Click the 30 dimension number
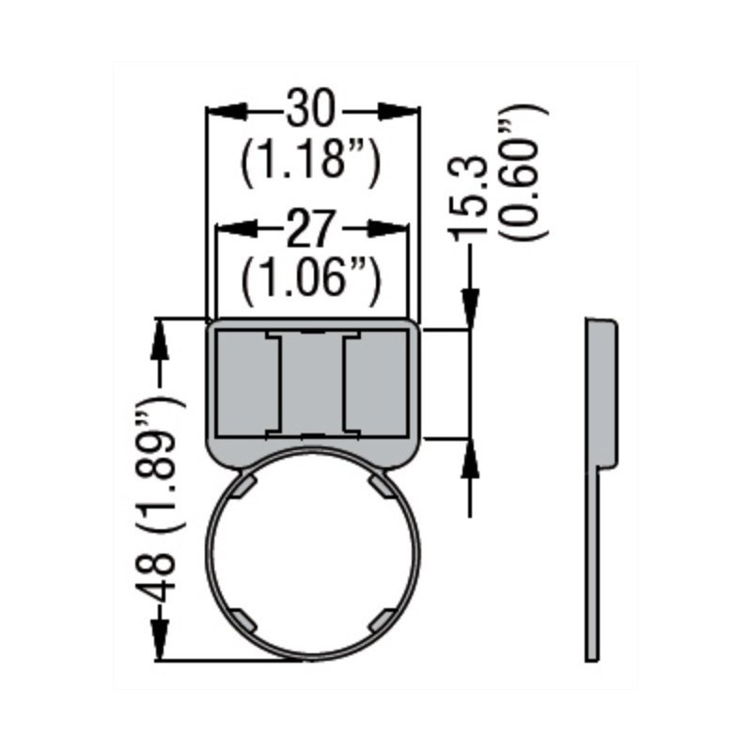[x=311, y=110]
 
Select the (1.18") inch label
[x=311, y=160]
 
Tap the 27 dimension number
[x=311, y=228]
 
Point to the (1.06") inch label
[x=311, y=278]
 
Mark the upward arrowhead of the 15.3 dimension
[x=471, y=461]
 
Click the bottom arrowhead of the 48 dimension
[x=161, y=641]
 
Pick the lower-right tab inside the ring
[x=380, y=619]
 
